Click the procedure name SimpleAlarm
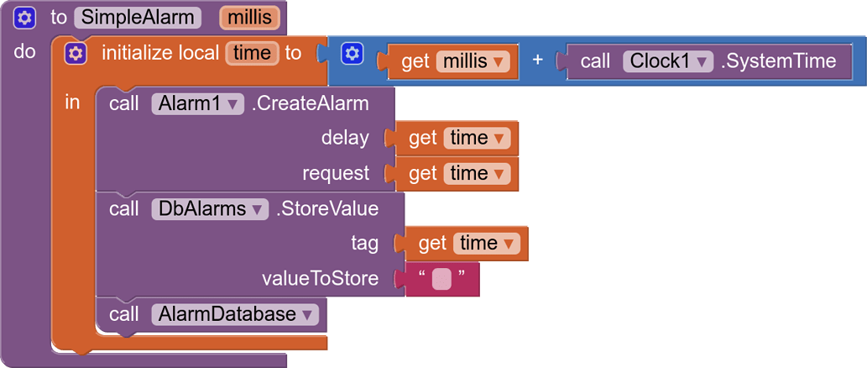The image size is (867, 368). click(138, 17)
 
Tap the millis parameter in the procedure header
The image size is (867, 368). click(250, 17)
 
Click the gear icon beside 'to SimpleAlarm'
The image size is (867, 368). click(25, 17)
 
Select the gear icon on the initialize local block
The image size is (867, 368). click(76, 54)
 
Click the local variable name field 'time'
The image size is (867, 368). click(252, 54)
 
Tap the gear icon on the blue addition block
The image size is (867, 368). click(353, 54)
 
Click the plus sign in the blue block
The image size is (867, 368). click(538, 61)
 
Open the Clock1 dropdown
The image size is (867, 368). click(668, 61)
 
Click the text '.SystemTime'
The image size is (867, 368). click(778, 61)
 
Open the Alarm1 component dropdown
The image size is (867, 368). click(197, 104)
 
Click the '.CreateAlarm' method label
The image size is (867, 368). click(310, 104)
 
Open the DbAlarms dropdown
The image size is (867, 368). click(210, 208)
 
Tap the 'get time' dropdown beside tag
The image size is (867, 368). click(488, 244)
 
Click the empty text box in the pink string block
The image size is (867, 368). click(441, 279)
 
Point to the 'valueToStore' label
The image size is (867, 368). click(321, 279)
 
